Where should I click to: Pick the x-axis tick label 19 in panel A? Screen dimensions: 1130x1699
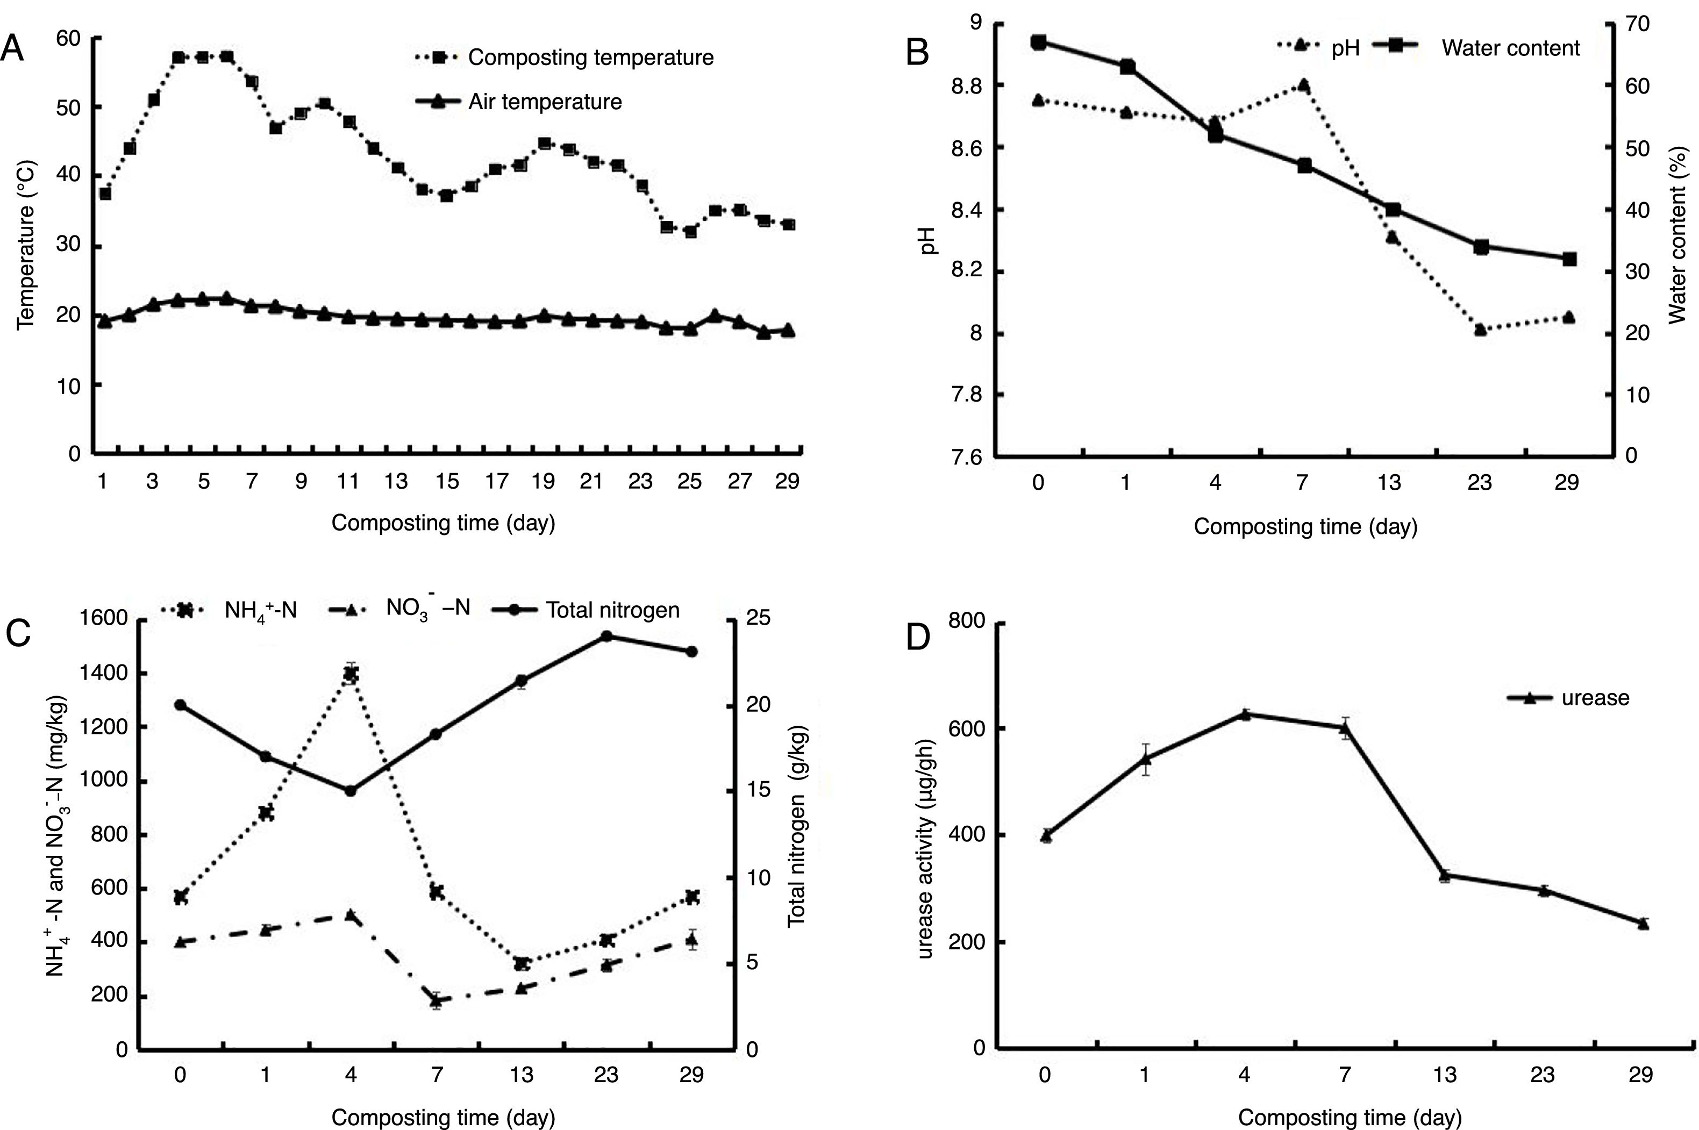pos(544,481)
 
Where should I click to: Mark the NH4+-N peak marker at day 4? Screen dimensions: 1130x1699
pos(351,674)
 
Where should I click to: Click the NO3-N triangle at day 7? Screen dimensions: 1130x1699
pos(436,999)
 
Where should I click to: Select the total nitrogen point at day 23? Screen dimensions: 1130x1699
pos(606,635)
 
